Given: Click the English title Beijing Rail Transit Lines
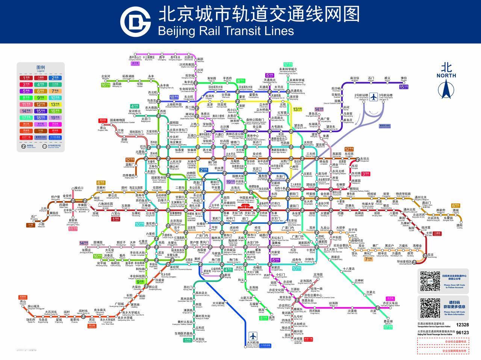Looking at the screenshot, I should click(x=226, y=30).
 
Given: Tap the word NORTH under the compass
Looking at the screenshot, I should click(x=446, y=75).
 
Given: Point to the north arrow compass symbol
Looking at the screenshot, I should click(x=446, y=90).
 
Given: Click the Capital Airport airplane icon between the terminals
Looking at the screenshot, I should click(x=374, y=97).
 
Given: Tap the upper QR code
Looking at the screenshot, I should click(x=430, y=281).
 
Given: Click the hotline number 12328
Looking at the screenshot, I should click(x=462, y=325).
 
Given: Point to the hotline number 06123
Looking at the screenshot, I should click(x=462, y=333).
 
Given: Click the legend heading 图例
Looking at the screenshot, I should click(x=40, y=68).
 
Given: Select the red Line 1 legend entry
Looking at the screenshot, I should click(x=26, y=78).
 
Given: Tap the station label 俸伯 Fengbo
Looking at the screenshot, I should click(x=404, y=78).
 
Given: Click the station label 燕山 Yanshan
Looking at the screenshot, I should click(x=23, y=302).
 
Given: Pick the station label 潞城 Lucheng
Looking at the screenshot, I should click(x=459, y=226).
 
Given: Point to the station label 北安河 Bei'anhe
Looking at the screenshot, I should click(x=106, y=77).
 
